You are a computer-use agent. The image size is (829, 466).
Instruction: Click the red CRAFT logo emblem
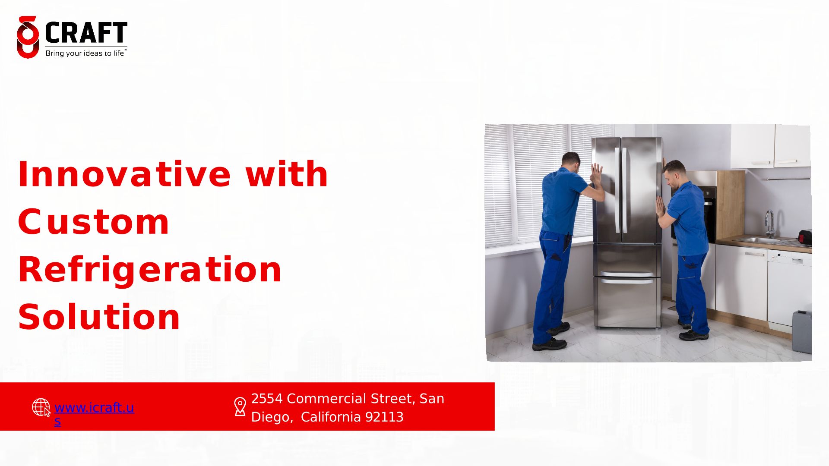[x=28, y=38]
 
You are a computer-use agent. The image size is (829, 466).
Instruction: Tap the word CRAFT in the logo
[x=86, y=32]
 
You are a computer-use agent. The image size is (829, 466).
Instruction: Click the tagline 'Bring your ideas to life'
[x=85, y=54]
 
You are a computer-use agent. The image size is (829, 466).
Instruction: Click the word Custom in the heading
[x=93, y=222]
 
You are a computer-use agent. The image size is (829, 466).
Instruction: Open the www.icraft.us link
[x=94, y=414]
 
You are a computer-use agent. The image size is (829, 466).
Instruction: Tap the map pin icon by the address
[x=240, y=407]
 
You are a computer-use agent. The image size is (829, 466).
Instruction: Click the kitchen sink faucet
[x=770, y=223]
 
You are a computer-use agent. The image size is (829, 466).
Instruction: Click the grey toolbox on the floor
[x=802, y=331]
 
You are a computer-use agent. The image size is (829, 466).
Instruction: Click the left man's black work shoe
[x=549, y=344]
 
